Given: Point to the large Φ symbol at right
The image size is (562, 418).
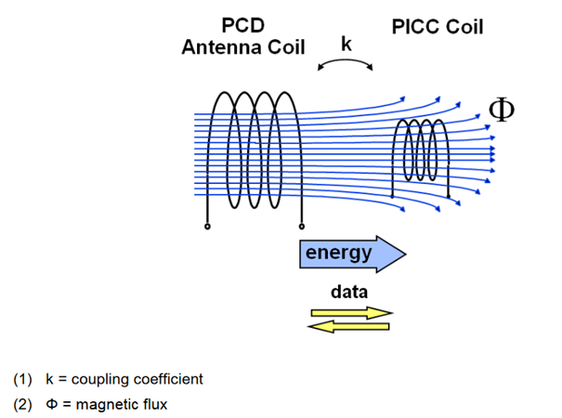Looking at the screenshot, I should (501, 110).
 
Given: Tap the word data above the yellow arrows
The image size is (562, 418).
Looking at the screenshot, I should (349, 291).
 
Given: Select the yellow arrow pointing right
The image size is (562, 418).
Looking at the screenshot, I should (350, 313).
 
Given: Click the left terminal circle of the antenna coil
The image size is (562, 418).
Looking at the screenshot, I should (206, 226).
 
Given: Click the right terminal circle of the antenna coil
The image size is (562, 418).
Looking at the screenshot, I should (300, 226).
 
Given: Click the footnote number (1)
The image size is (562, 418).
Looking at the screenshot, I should (22, 379).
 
